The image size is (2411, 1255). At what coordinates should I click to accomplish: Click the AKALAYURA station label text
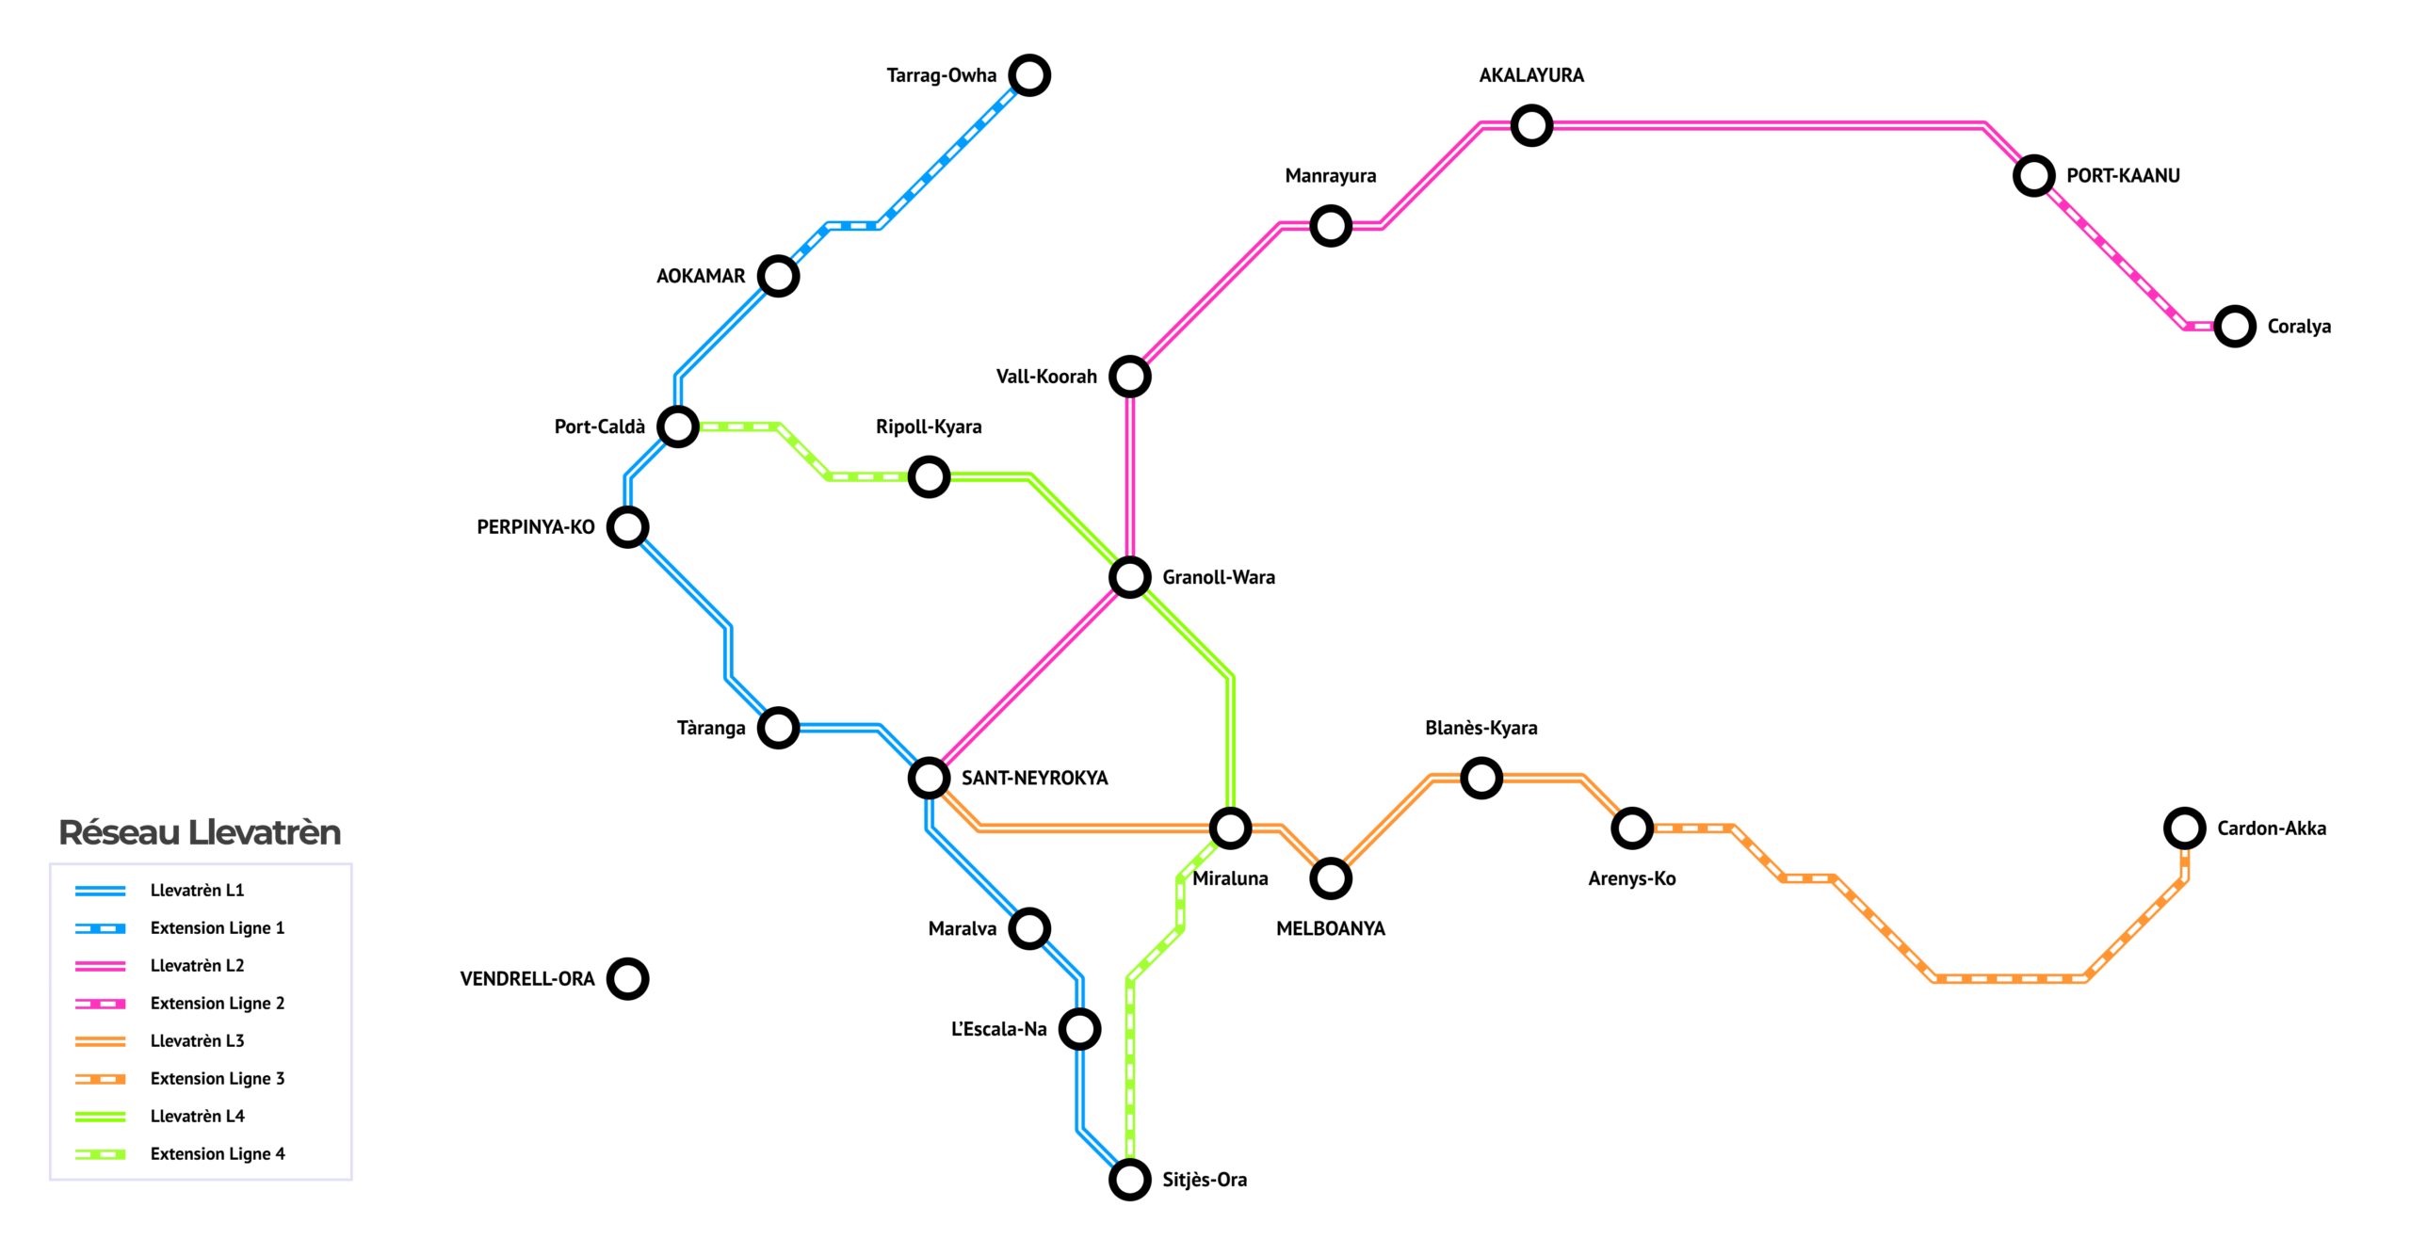point(1531,75)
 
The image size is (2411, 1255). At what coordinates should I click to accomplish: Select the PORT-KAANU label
point(2123,176)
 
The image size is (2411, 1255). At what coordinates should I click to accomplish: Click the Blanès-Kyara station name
point(1481,728)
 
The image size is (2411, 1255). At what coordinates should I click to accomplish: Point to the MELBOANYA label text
point(1331,928)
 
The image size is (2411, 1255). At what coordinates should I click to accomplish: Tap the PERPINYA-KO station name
point(536,527)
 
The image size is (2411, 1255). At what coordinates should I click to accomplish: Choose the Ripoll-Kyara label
point(929,426)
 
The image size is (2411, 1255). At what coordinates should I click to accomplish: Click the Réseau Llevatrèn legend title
point(200,832)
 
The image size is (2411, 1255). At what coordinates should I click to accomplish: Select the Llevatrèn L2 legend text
point(197,966)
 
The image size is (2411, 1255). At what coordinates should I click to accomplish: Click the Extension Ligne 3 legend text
point(218,1079)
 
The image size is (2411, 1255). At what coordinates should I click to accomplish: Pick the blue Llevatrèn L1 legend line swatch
point(100,891)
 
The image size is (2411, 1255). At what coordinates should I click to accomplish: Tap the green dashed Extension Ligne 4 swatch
point(100,1154)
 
